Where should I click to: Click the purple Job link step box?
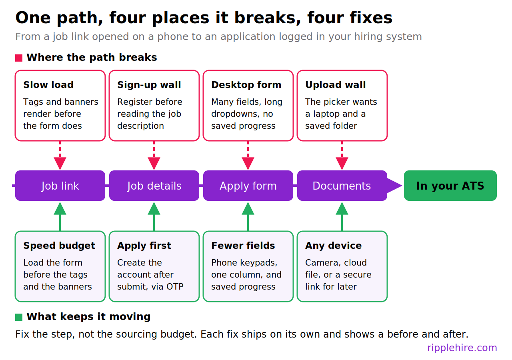(x=60, y=186)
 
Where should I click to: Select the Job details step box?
(x=154, y=186)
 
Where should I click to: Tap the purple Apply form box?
(x=248, y=186)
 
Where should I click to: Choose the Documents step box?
(x=342, y=186)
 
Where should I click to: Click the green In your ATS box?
(x=450, y=186)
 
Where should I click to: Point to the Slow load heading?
(x=48, y=85)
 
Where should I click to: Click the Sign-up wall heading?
(x=149, y=85)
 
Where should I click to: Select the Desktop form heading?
(x=246, y=85)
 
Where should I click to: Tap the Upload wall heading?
(x=336, y=85)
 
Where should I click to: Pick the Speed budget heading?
(x=59, y=246)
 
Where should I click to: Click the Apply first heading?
(x=144, y=246)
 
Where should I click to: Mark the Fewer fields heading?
(x=243, y=246)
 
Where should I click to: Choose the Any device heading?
(x=334, y=246)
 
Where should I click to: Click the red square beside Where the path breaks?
(x=19, y=58)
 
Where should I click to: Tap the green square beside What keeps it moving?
(x=19, y=317)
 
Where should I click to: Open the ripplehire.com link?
(x=462, y=348)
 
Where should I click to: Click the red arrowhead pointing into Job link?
(x=60, y=163)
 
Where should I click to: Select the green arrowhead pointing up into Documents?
(x=342, y=208)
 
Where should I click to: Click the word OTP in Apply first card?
(x=175, y=287)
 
